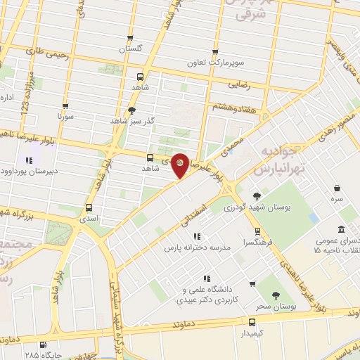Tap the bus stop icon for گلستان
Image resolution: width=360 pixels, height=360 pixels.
point(129,39)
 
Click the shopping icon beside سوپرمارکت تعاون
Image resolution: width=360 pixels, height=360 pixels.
point(214,52)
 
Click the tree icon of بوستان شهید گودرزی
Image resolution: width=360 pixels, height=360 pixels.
point(255,196)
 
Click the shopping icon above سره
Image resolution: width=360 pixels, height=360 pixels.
point(338,188)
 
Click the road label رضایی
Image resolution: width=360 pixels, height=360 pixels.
point(239,84)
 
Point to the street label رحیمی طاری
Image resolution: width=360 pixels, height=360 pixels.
point(44,51)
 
